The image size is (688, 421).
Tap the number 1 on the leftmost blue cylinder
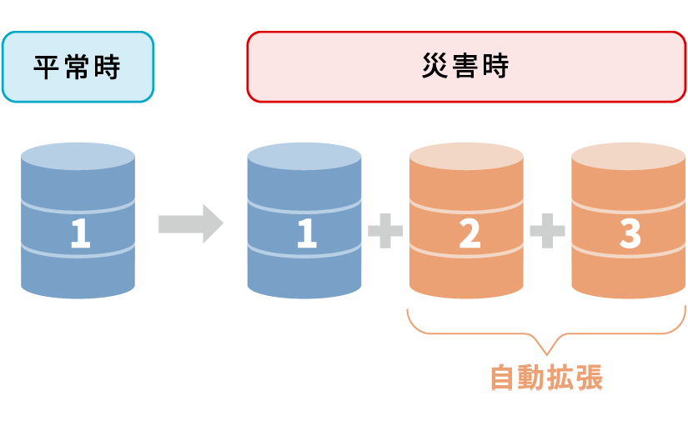tap(79, 234)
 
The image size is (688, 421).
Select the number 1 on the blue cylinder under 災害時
tap(306, 234)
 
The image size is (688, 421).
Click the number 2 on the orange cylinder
tap(469, 234)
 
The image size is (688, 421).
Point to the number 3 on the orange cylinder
tap(630, 234)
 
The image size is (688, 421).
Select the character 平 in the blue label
tap(48, 68)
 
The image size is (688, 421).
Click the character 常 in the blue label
tap(78, 68)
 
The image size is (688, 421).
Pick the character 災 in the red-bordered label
tap(436, 68)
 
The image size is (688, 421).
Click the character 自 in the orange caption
tap(503, 378)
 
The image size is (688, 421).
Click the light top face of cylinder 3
tap(628, 157)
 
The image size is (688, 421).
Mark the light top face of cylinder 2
tap(466, 157)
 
